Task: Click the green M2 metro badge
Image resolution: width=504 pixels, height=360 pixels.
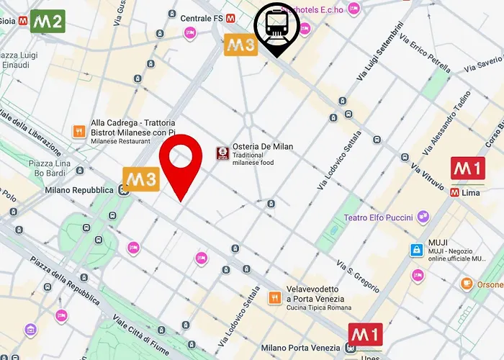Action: pos(48,21)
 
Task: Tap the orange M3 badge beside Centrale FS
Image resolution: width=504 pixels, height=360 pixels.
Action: pos(240,45)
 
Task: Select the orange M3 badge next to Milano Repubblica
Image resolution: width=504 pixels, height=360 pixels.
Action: pos(140,179)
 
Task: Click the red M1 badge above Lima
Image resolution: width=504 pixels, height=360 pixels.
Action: pos(467,169)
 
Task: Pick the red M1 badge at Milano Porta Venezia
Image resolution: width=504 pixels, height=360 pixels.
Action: pos(366,334)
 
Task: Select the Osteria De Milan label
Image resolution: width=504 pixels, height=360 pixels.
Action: pos(263,146)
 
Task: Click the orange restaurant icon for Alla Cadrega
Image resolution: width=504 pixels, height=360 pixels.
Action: pos(78,131)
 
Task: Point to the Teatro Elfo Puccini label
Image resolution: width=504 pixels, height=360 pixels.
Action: pos(378,217)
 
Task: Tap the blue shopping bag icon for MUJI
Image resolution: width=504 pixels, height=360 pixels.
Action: pos(416,250)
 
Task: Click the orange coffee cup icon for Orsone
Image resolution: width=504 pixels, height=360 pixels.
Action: pos(467,284)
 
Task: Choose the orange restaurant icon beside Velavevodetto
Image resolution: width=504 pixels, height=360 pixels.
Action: pos(274,297)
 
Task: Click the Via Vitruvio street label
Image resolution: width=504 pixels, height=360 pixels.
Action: pos(428,176)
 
